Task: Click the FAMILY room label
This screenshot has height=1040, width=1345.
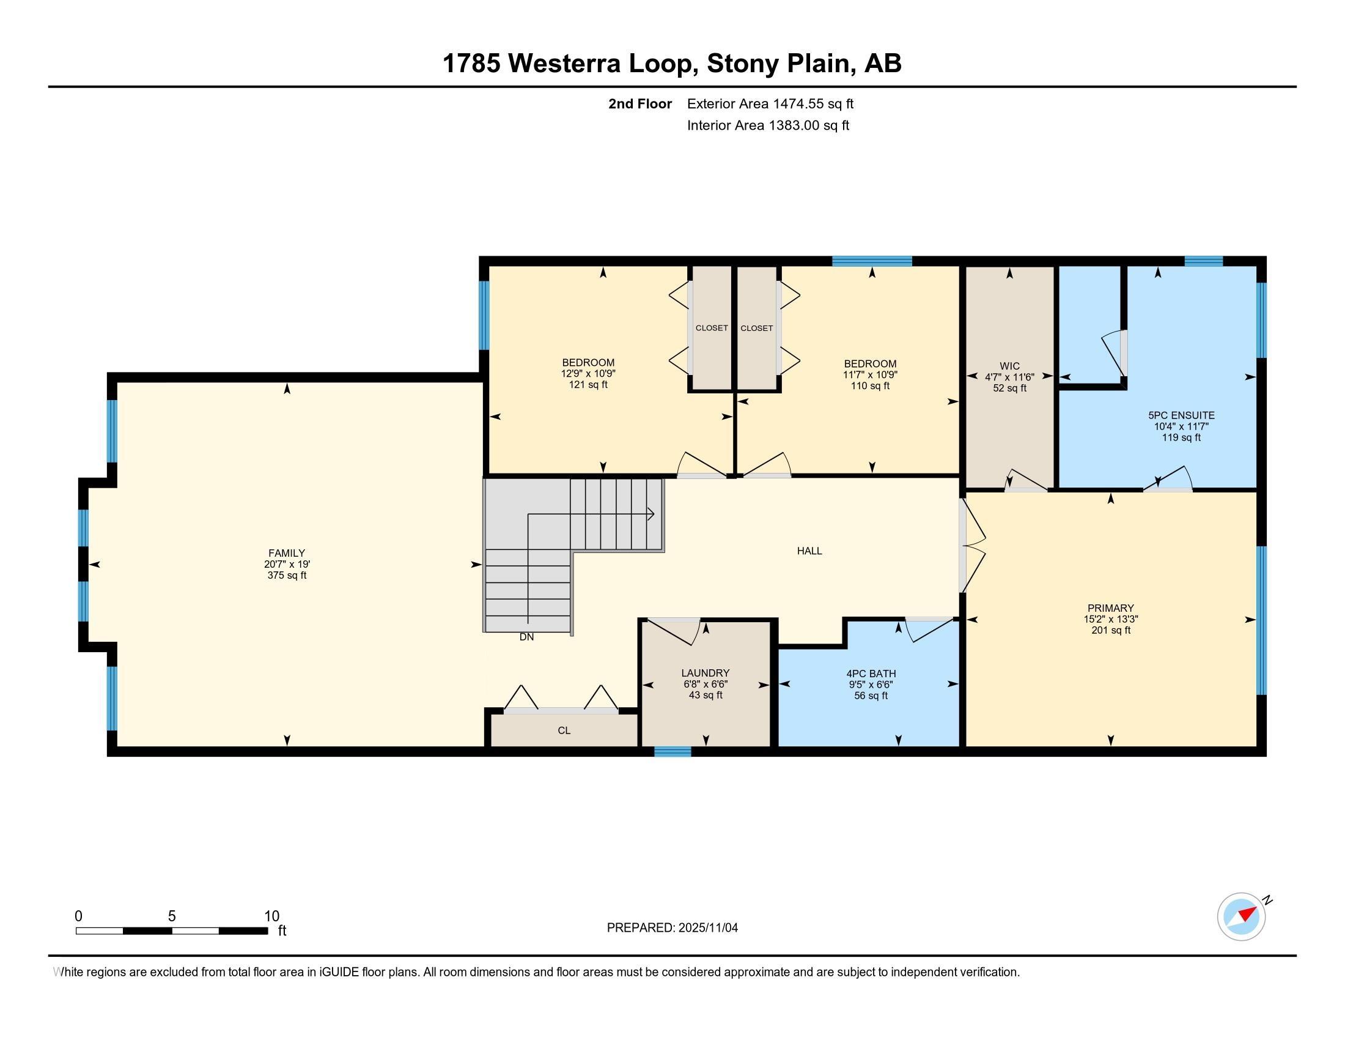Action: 286,553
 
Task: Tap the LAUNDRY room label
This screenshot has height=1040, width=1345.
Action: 705,673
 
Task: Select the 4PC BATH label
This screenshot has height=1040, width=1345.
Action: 871,674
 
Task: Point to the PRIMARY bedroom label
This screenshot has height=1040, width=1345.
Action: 1110,608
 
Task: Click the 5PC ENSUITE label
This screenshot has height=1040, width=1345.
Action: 1181,415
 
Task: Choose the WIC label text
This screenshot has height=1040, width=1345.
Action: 1009,366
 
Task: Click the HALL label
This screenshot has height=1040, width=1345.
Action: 809,551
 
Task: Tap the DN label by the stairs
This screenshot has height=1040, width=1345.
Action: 526,637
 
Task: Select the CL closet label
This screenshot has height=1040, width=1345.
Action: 564,730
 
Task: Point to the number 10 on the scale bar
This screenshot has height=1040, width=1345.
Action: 271,916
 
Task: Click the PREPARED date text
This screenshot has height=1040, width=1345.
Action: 672,928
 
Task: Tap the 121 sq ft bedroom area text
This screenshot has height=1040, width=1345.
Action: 588,385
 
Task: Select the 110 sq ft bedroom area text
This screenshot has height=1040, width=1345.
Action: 870,386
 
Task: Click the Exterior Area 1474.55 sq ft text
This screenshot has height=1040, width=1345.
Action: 770,104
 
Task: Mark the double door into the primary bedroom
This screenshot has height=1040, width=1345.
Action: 972,544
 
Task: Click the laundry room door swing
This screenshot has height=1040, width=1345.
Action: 674,630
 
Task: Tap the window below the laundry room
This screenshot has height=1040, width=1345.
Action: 672,751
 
